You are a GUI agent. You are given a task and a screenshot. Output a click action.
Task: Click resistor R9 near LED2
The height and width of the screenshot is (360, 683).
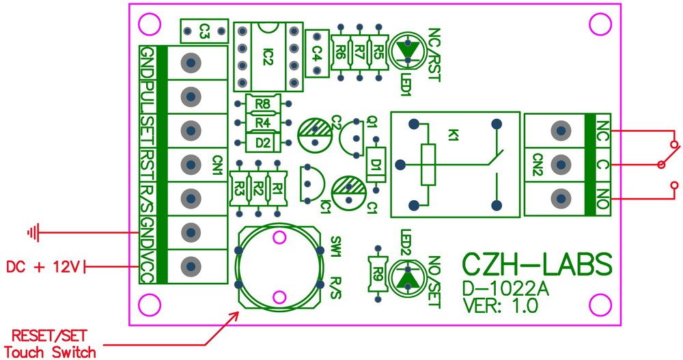(377, 277)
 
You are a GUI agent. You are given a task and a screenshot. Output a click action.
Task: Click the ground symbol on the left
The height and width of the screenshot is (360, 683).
(33, 234)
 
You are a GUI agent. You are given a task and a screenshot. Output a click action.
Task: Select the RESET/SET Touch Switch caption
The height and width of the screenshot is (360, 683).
(51, 344)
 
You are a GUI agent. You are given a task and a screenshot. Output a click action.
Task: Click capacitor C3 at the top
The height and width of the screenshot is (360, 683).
(204, 31)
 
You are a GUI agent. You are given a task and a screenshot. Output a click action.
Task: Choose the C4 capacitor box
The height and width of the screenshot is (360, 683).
(317, 51)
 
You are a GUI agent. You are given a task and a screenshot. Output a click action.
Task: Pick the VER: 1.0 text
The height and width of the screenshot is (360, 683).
(501, 307)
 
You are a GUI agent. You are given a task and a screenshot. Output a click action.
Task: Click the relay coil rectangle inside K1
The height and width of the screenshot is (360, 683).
(428, 165)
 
